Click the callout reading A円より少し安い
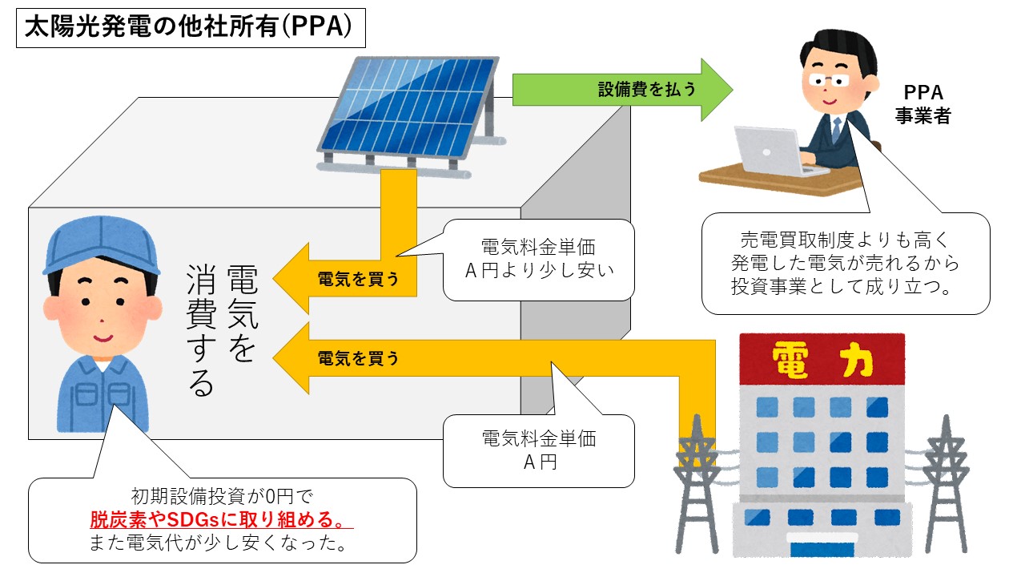(x=538, y=259)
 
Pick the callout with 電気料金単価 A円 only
(x=538, y=450)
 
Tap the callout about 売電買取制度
(x=845, y=263)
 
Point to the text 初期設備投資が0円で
(x=221, y=497)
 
